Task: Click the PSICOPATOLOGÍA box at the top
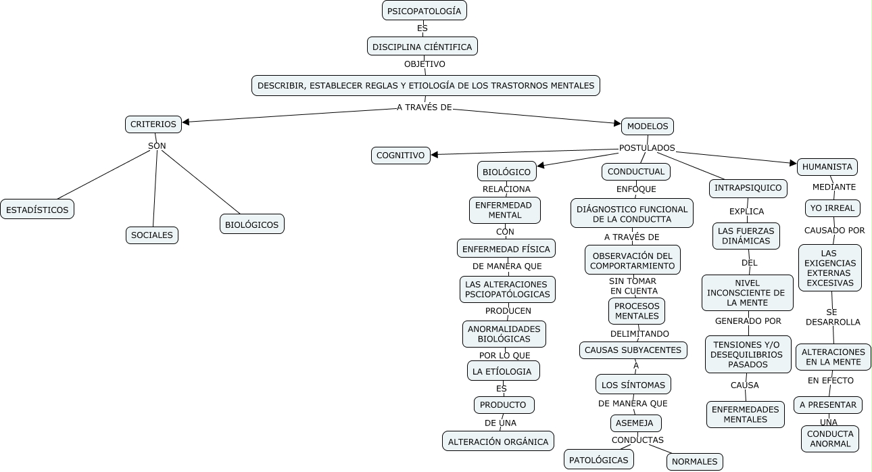424,11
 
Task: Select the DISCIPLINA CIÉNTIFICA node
422,47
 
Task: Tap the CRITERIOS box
153,124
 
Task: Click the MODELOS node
647,126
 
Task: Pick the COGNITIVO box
400,156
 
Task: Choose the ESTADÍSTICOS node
37,210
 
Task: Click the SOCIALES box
152,235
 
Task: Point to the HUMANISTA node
827,167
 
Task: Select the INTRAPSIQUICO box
748,188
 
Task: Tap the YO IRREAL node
832,208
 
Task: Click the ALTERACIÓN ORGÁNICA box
498,442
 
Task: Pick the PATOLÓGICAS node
598,460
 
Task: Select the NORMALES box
694,462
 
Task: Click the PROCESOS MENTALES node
636,311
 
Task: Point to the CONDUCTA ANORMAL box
829,439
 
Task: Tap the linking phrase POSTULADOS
647,148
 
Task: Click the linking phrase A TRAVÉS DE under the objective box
424,108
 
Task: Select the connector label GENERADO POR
748,321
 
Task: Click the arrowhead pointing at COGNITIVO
435,155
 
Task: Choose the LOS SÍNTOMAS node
633,385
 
